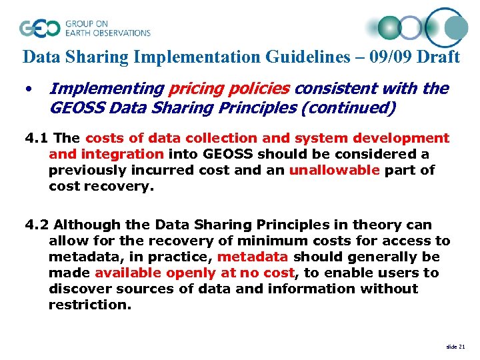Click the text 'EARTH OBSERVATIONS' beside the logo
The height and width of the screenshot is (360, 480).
pos(107,33)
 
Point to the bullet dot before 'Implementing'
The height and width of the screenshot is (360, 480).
pos(29,89)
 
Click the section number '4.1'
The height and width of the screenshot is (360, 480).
pos(37,138)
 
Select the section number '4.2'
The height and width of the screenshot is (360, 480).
pos(37,225)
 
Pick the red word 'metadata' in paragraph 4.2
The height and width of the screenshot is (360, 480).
pos(253,257)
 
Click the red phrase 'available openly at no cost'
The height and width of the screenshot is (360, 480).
pos(194,273)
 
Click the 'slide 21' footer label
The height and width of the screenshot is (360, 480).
pos(455,347)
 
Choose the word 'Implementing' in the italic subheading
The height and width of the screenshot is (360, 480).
pos(107,89)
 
